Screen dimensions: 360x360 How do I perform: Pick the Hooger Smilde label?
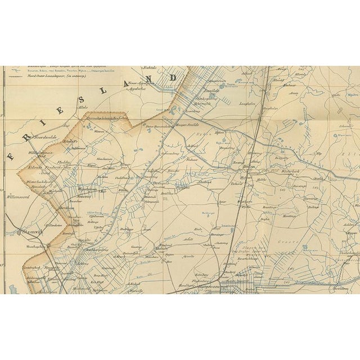point(187,125)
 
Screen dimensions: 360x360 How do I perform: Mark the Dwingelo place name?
point(159,182)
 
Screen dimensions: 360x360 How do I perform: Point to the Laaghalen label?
point(248,103)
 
